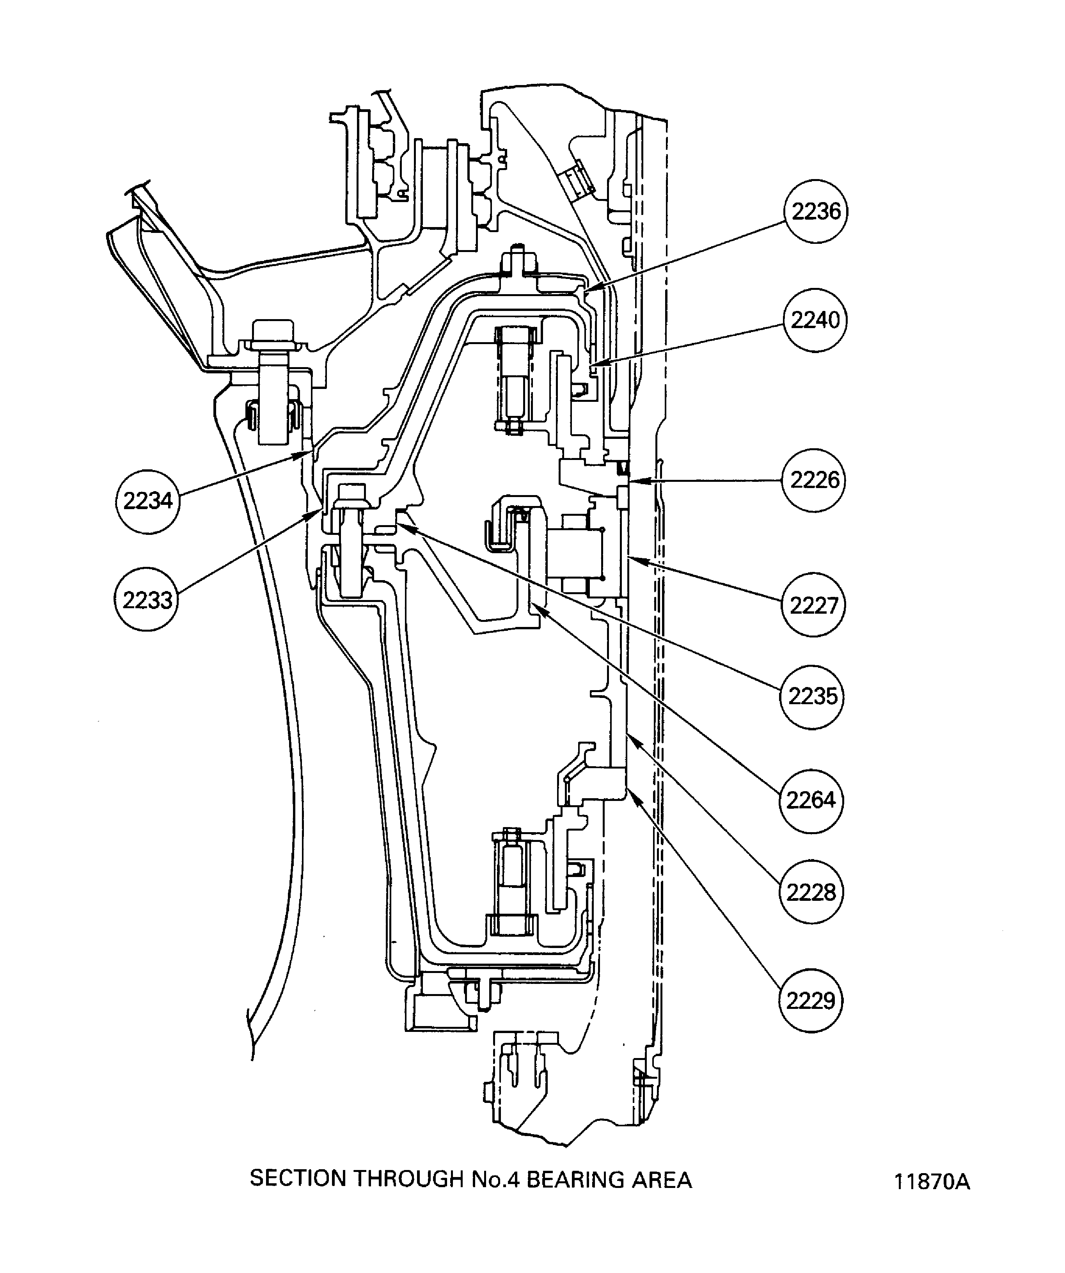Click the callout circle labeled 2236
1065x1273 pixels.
click(816, 211)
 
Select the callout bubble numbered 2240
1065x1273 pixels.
click(815, 320)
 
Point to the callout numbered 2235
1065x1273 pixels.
click(812, 696)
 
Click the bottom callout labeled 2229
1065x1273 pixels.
click(810, 1000)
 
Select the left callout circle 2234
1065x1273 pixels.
click(148, 501)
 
